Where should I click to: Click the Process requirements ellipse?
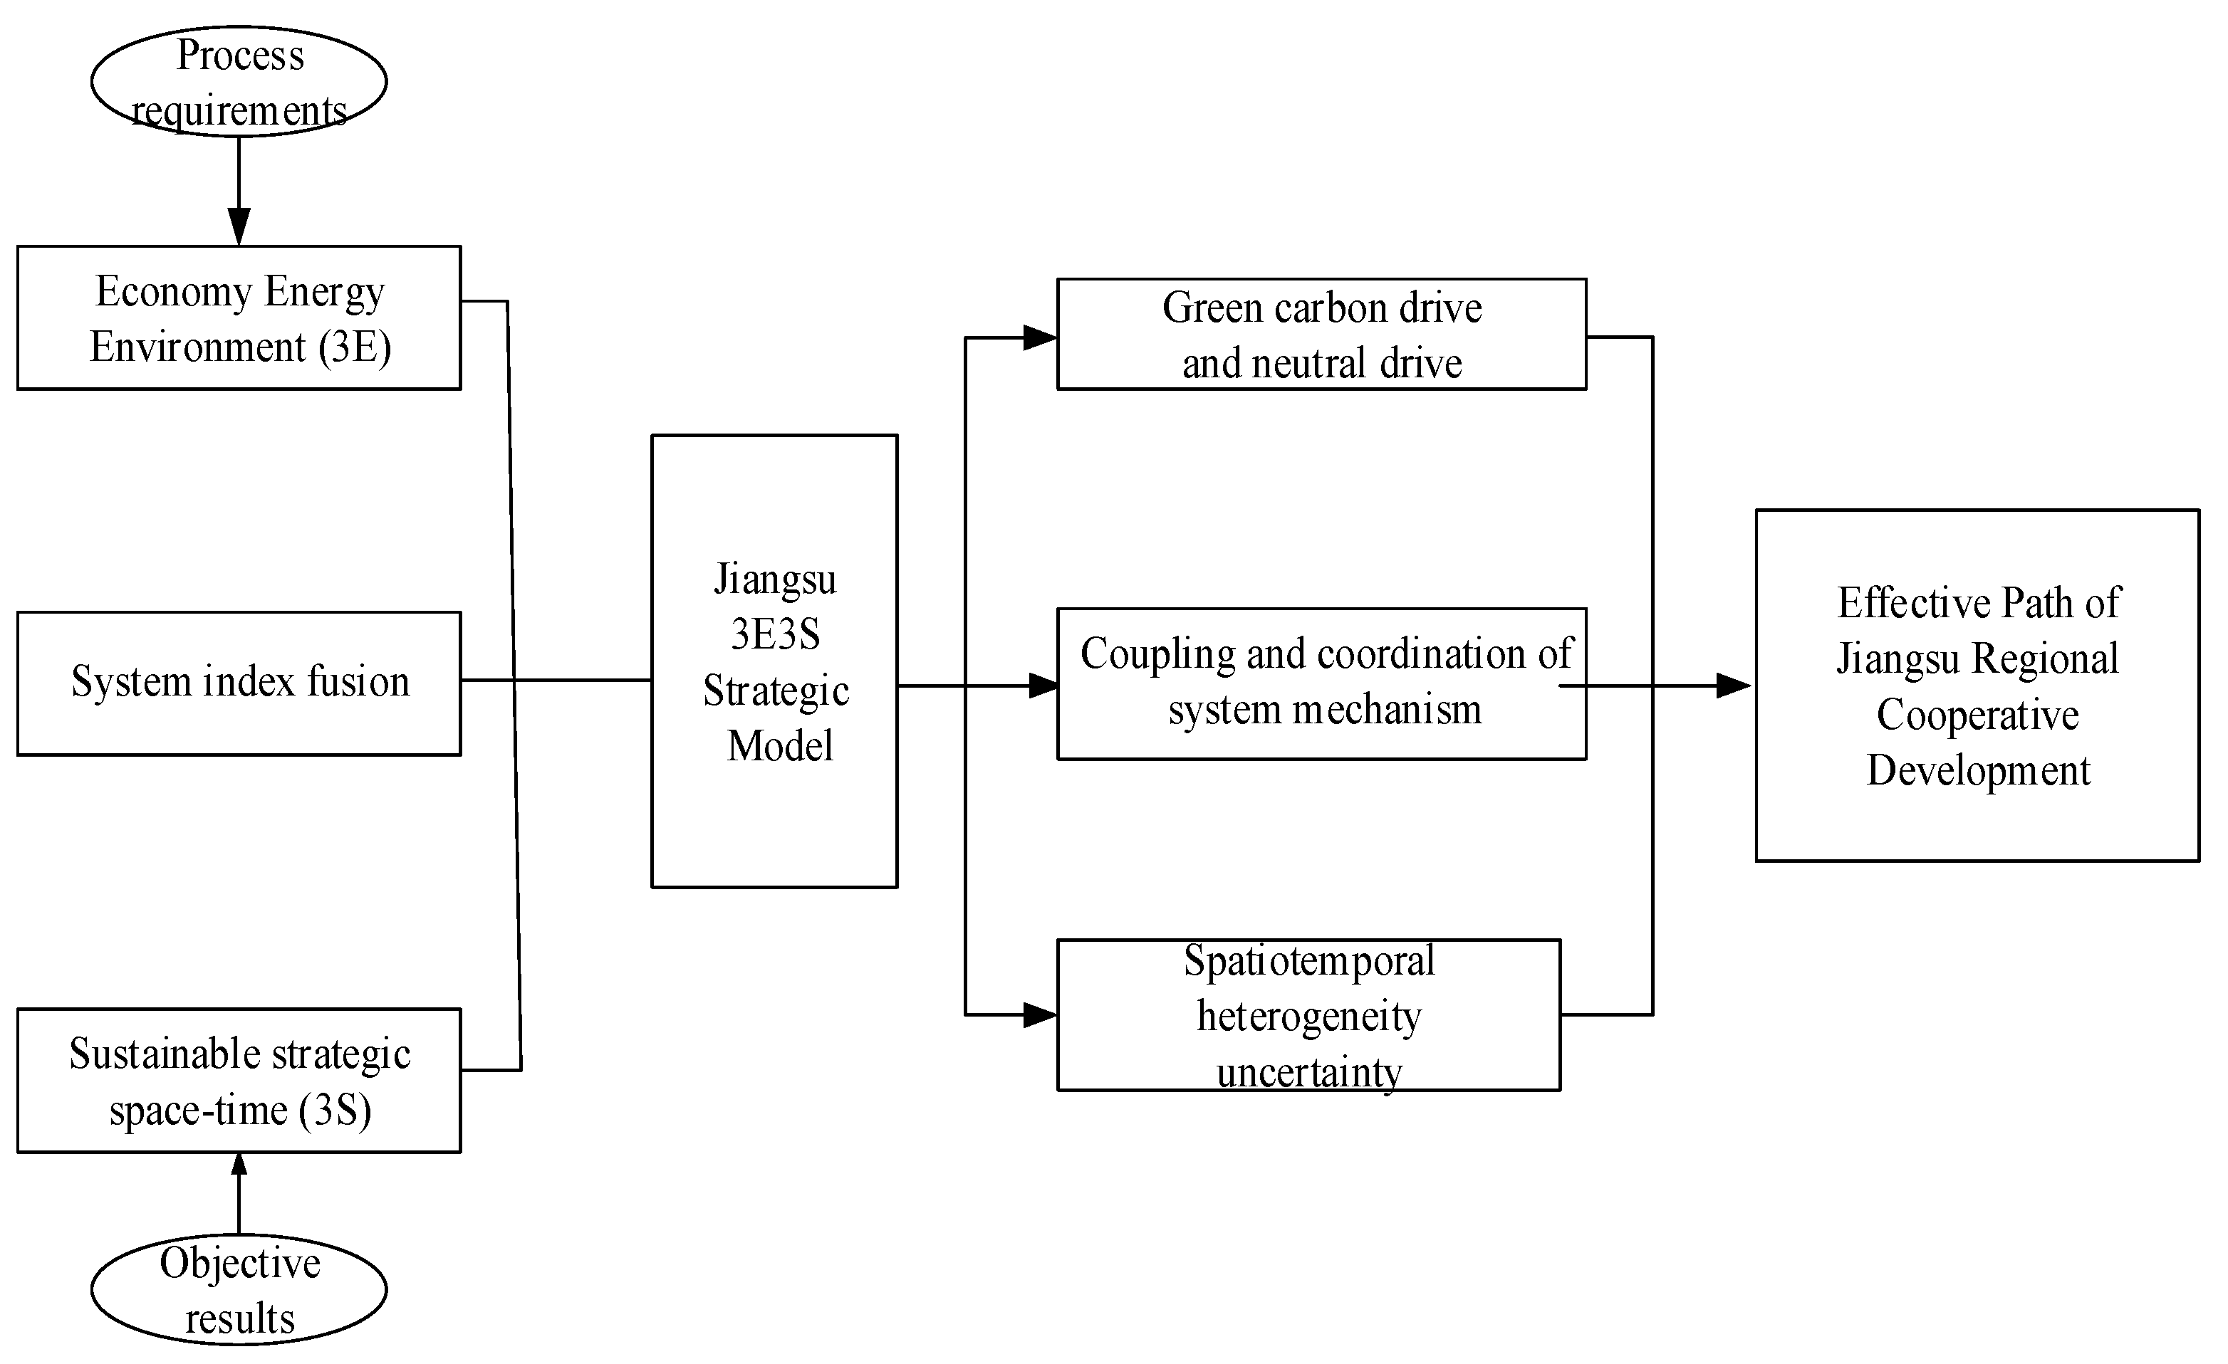(239, 81)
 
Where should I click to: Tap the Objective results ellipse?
(239, 1289)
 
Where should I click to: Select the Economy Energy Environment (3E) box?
(239, 318)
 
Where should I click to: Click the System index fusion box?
(239, 683)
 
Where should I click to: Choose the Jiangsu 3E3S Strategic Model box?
(774, 661)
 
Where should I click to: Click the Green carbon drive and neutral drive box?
(1321, 335)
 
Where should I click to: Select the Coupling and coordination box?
(1321, 683)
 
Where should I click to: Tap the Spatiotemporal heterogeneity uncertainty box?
(1308, 1015)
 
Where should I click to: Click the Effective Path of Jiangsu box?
(1977, 685)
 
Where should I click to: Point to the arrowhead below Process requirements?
(239, 226)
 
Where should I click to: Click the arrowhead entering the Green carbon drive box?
(1040, 338)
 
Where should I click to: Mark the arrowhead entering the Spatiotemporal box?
(1040, 1015)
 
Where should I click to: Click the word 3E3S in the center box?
(775, 634)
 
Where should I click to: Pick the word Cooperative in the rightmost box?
(1977, 715)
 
